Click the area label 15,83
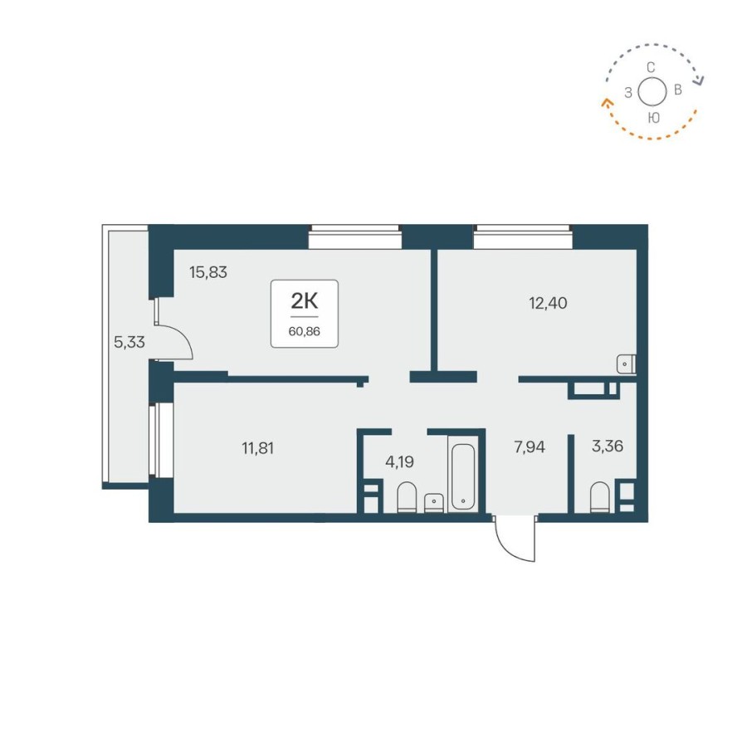(x=208, y=271)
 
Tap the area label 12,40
(x=548, y=302)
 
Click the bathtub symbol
(x=461, y=476)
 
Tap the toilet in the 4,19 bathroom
(x=407, y=498)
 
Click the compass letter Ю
(x=654, y=118)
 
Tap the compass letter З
(x=628, y=92)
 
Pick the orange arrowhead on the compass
(x=605, y=103)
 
